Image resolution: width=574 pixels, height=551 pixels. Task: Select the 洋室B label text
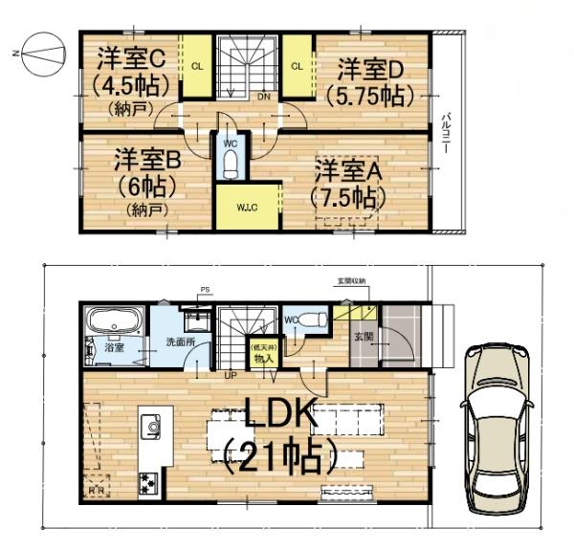point(147,158)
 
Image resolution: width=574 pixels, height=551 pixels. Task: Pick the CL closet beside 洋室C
point(197,66)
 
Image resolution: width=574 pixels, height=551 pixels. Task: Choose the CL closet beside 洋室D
point(297,66)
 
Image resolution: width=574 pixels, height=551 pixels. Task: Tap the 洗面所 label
point(179,342)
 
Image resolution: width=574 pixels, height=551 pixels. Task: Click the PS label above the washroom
point(204,289)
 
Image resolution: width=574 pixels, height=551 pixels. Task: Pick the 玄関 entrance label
point(364,337)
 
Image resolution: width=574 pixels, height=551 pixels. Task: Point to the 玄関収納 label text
point(351,280)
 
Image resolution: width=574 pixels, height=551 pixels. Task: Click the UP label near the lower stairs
point(230,374)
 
